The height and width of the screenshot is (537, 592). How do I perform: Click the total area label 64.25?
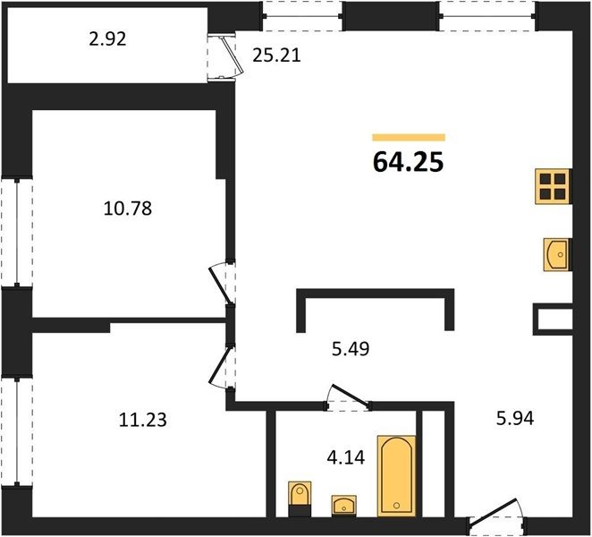point(408,163)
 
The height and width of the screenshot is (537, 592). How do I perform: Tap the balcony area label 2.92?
point(107,39)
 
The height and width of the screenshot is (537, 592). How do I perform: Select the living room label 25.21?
point(276,55)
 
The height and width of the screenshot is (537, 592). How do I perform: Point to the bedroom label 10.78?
point(128,209)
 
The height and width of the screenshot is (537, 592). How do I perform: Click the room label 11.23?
point(142,420)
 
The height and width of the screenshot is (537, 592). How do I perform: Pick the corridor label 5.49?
point(351,349)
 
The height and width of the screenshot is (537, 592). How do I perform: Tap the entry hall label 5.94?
point(515,418)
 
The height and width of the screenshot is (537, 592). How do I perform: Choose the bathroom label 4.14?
point(346,457)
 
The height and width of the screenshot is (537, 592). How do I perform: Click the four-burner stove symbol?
point(553,187)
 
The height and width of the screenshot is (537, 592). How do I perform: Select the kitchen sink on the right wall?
point(557,254)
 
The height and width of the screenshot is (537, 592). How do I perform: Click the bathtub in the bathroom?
point(396,476)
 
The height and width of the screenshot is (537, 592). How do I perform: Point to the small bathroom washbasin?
point(344,506)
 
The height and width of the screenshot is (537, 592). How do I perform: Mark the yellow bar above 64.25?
point(409,137)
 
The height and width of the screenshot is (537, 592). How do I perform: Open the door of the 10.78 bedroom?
point(220,285)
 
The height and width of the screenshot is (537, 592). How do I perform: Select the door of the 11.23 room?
point(220,367)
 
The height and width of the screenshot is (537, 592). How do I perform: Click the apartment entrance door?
point(494,513)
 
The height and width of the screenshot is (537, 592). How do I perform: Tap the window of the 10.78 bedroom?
point(17,232)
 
